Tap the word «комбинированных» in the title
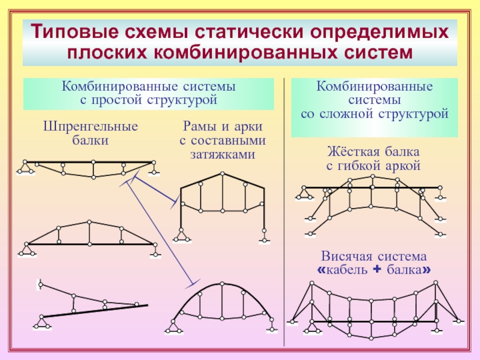click(245, 52)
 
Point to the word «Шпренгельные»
click(91, 127)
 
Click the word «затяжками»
click(223, 154)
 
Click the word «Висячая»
click(346, 256)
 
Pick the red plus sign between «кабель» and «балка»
click(377, 269)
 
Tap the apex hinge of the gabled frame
click(223, 174)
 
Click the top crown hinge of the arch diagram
click(223, 284)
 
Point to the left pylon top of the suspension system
click(311, 283)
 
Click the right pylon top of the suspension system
click(436, 283)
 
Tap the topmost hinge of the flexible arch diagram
click(372, 176)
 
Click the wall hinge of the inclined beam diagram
click(40, 285)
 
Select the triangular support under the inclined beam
click(42, 323)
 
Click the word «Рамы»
click(201, 127)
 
